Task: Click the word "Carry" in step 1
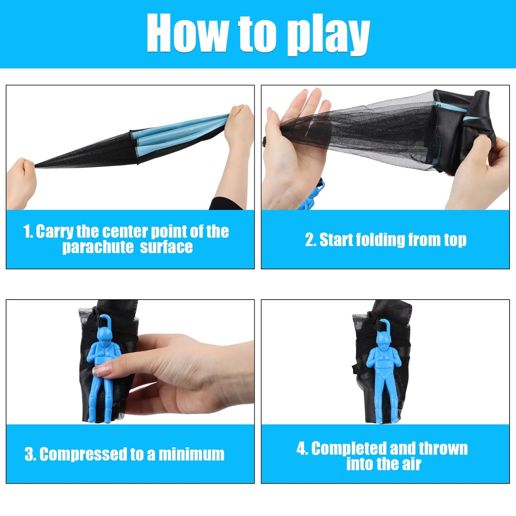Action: pos(54,231)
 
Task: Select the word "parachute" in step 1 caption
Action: pos(98,247)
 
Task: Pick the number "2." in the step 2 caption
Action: pos(311,240)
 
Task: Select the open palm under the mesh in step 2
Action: pos(292,150)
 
